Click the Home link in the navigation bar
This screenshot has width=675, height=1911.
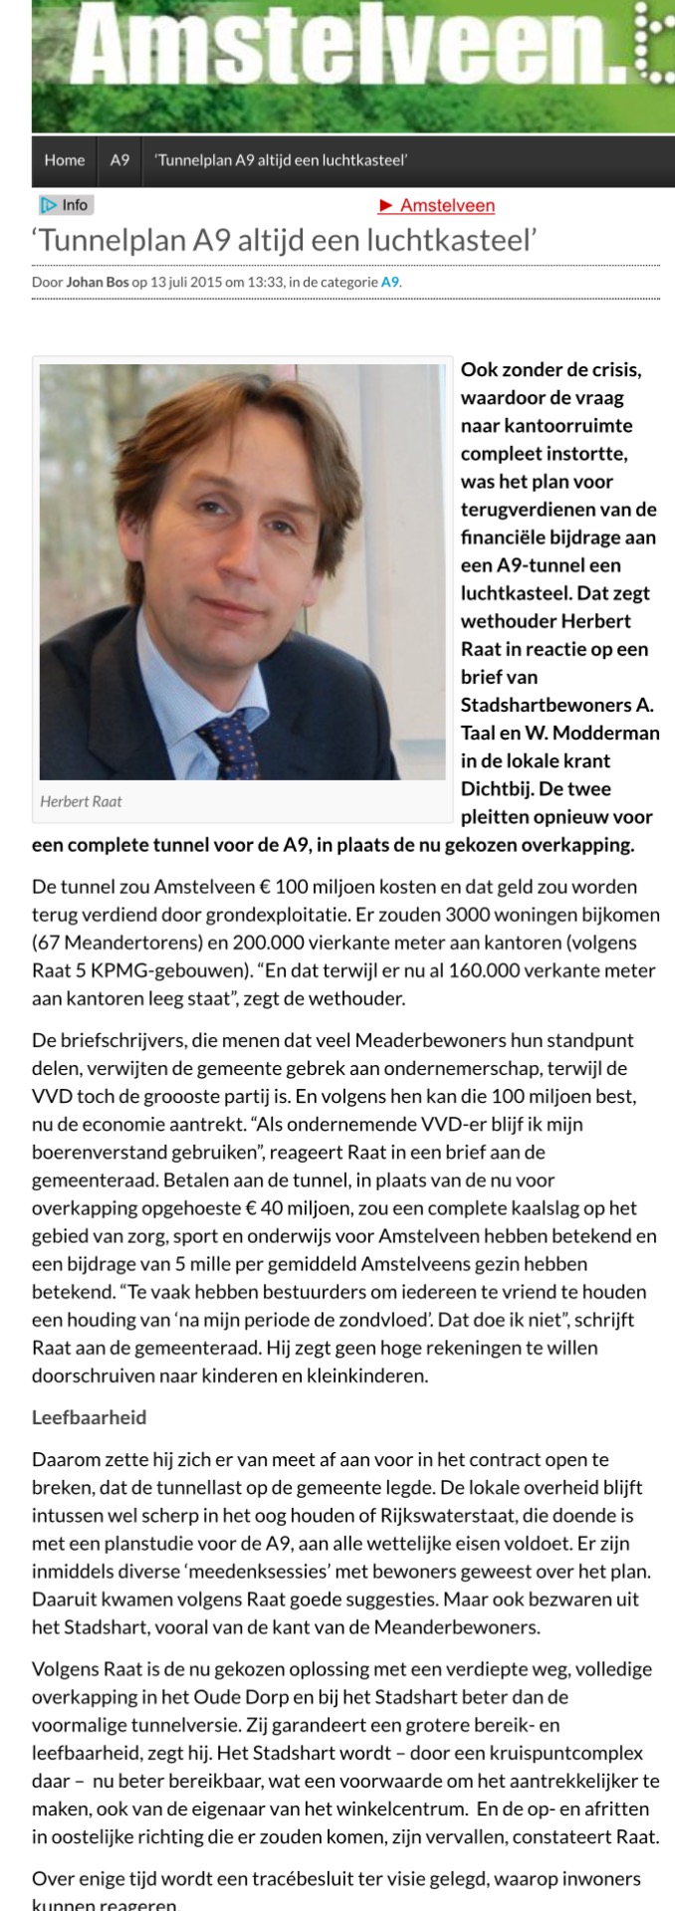coord(65,160)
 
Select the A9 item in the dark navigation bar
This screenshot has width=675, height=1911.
coord(119,160)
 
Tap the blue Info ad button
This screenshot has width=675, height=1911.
coord(65,205)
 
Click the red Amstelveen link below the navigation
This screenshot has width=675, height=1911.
coord(437,206)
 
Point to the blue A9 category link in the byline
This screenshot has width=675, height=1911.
coord(390,282)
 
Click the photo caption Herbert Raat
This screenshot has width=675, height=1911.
coord(81,801)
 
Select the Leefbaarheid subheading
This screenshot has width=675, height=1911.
coord(90,1417)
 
